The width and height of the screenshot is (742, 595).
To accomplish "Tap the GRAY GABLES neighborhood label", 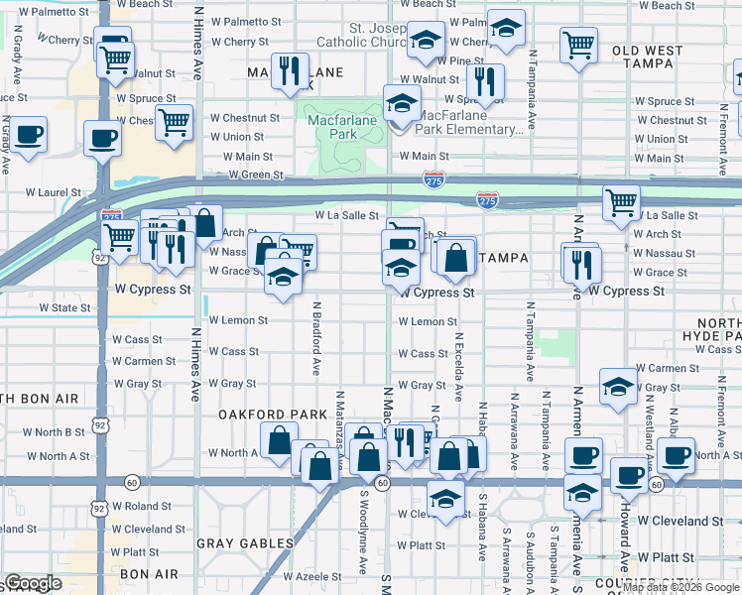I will [245, 542].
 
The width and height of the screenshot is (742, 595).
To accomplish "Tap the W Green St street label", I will [256, 175].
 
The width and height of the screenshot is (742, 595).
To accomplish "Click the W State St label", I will [65, 308].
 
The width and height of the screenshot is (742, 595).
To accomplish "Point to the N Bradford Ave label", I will [316, 338].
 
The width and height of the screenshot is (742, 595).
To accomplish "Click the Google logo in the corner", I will [33, 583].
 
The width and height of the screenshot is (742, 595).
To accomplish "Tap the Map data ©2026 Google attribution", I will [681, 587].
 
